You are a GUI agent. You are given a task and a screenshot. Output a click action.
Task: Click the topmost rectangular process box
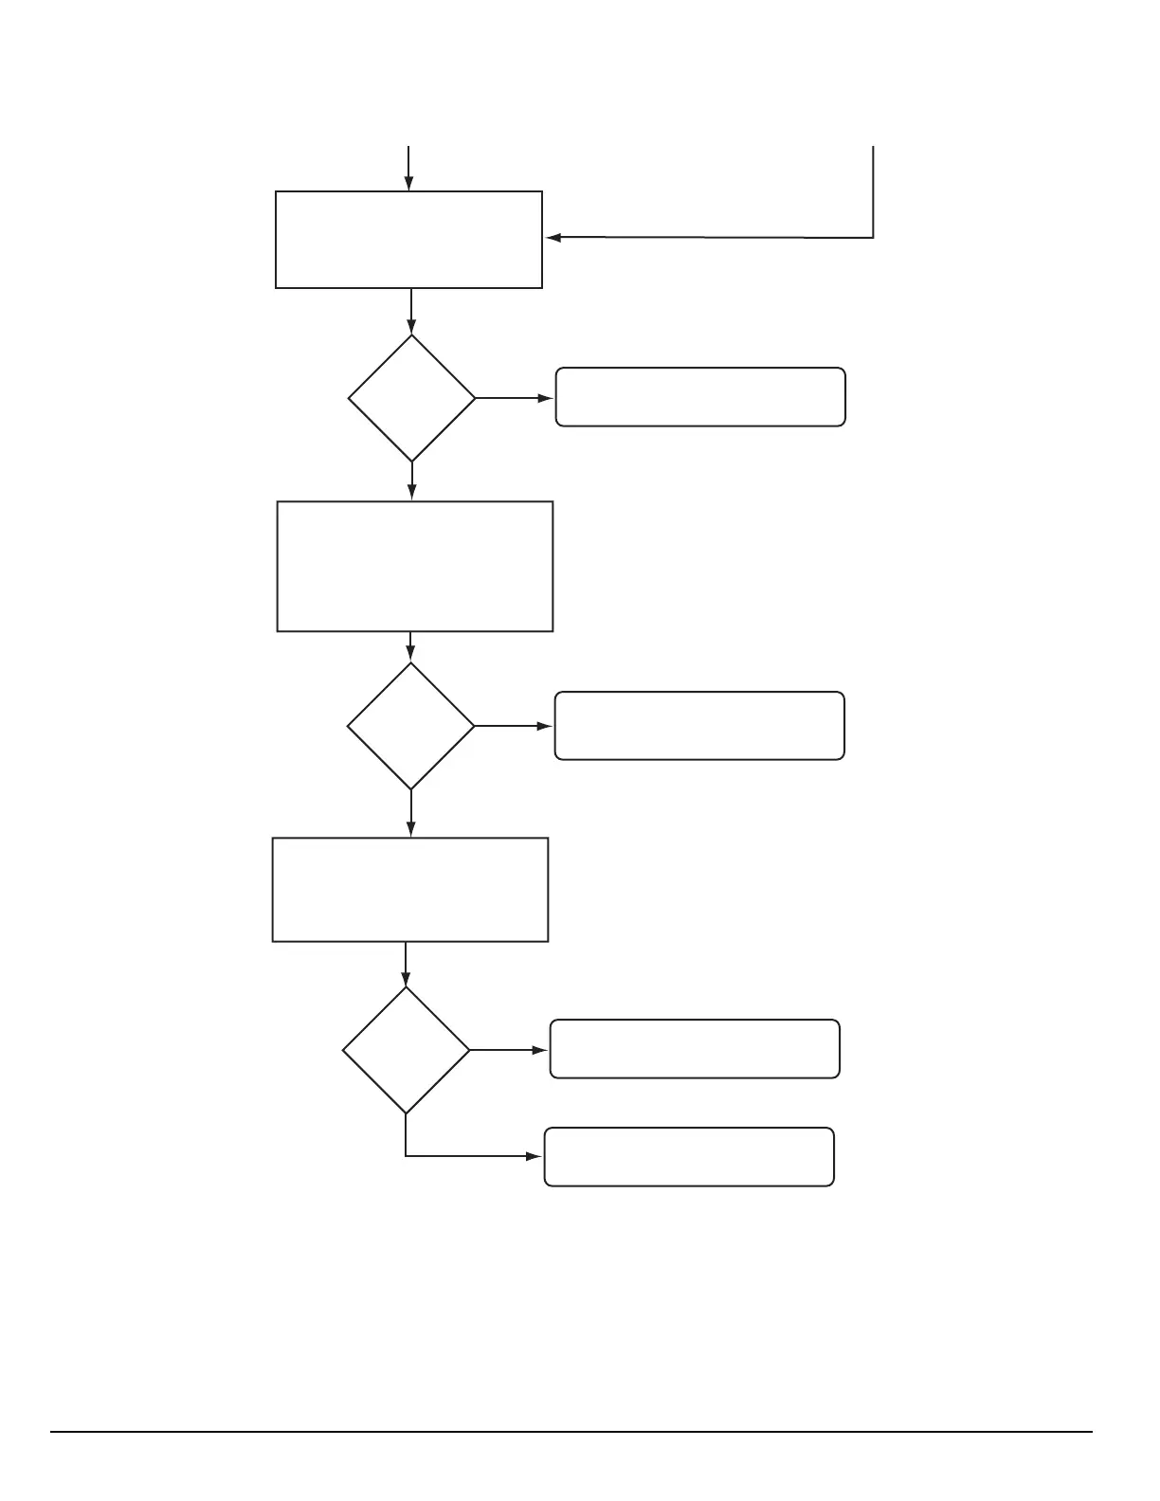408,239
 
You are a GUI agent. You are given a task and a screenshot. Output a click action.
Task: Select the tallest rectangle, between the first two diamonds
414,566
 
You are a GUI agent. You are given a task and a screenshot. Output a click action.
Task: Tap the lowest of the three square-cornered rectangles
409,889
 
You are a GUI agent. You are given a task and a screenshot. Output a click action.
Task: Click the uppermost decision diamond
411,398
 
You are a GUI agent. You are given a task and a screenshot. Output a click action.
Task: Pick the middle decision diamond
410,726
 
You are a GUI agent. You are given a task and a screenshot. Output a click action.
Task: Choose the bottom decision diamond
406,1050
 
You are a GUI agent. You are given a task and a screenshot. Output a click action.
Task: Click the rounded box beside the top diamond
699,397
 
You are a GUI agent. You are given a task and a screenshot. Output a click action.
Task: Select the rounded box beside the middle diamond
698,726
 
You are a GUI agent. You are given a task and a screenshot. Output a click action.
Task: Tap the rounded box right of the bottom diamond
695,1049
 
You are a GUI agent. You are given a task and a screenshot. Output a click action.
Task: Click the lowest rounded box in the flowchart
689,1156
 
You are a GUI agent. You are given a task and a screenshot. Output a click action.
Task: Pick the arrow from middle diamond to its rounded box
513,726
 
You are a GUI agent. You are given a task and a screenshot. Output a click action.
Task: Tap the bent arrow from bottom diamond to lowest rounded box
464,1156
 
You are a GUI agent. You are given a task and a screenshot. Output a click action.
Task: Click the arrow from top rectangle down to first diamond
411,311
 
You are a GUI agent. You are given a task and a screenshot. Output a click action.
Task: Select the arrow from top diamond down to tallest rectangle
411,480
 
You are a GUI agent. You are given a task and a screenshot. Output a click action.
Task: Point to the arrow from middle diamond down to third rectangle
410,813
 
